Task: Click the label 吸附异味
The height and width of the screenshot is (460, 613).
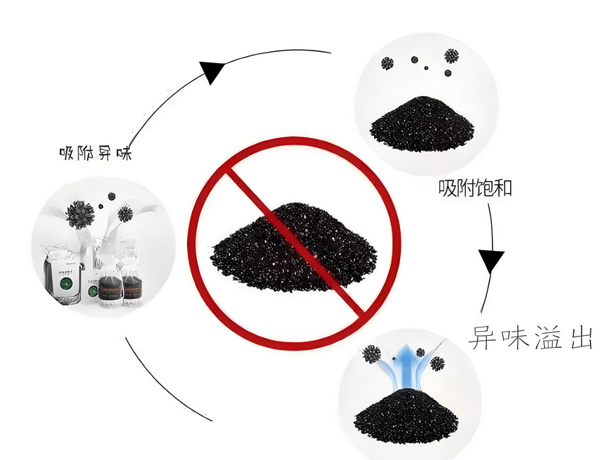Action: coord(95,152)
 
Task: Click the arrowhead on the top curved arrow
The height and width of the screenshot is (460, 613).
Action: coord(212,71)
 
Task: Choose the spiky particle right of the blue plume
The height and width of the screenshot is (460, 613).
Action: coord(437,364)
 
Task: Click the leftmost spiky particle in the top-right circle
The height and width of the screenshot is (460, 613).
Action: coord(387,63)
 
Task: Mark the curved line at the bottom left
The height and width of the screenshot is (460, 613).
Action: coord(161,386)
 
